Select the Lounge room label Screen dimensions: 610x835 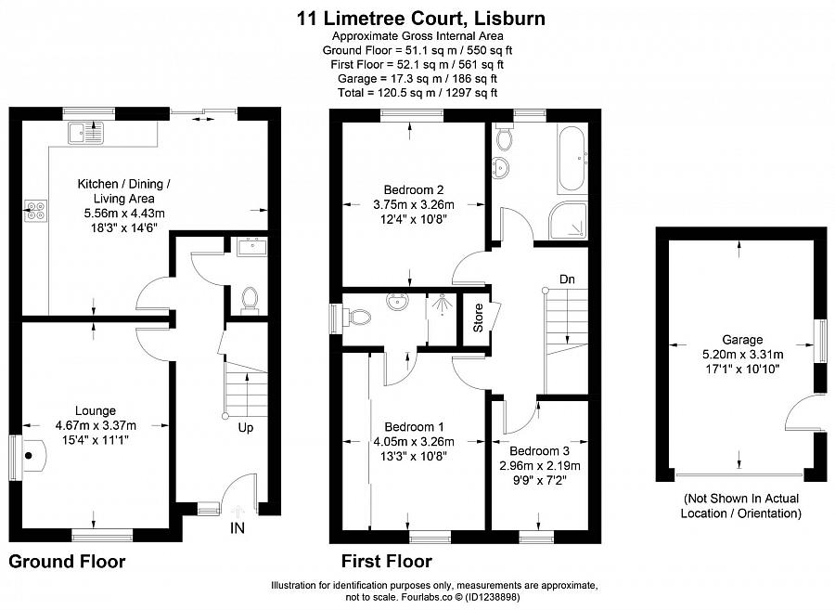tap(96, 409)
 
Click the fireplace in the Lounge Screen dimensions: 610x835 tap(34, 455)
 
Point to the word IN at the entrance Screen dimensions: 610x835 tap(238, 527)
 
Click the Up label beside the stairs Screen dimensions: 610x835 tap(246, 428)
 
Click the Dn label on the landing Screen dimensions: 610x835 tap(566, 278)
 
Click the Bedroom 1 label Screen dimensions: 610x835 tap(413, 426)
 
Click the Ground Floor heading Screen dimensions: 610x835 tap(67, 561)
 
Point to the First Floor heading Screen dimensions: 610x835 tap(386, 561)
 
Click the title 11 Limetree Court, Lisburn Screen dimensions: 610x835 tap(420, 18)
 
